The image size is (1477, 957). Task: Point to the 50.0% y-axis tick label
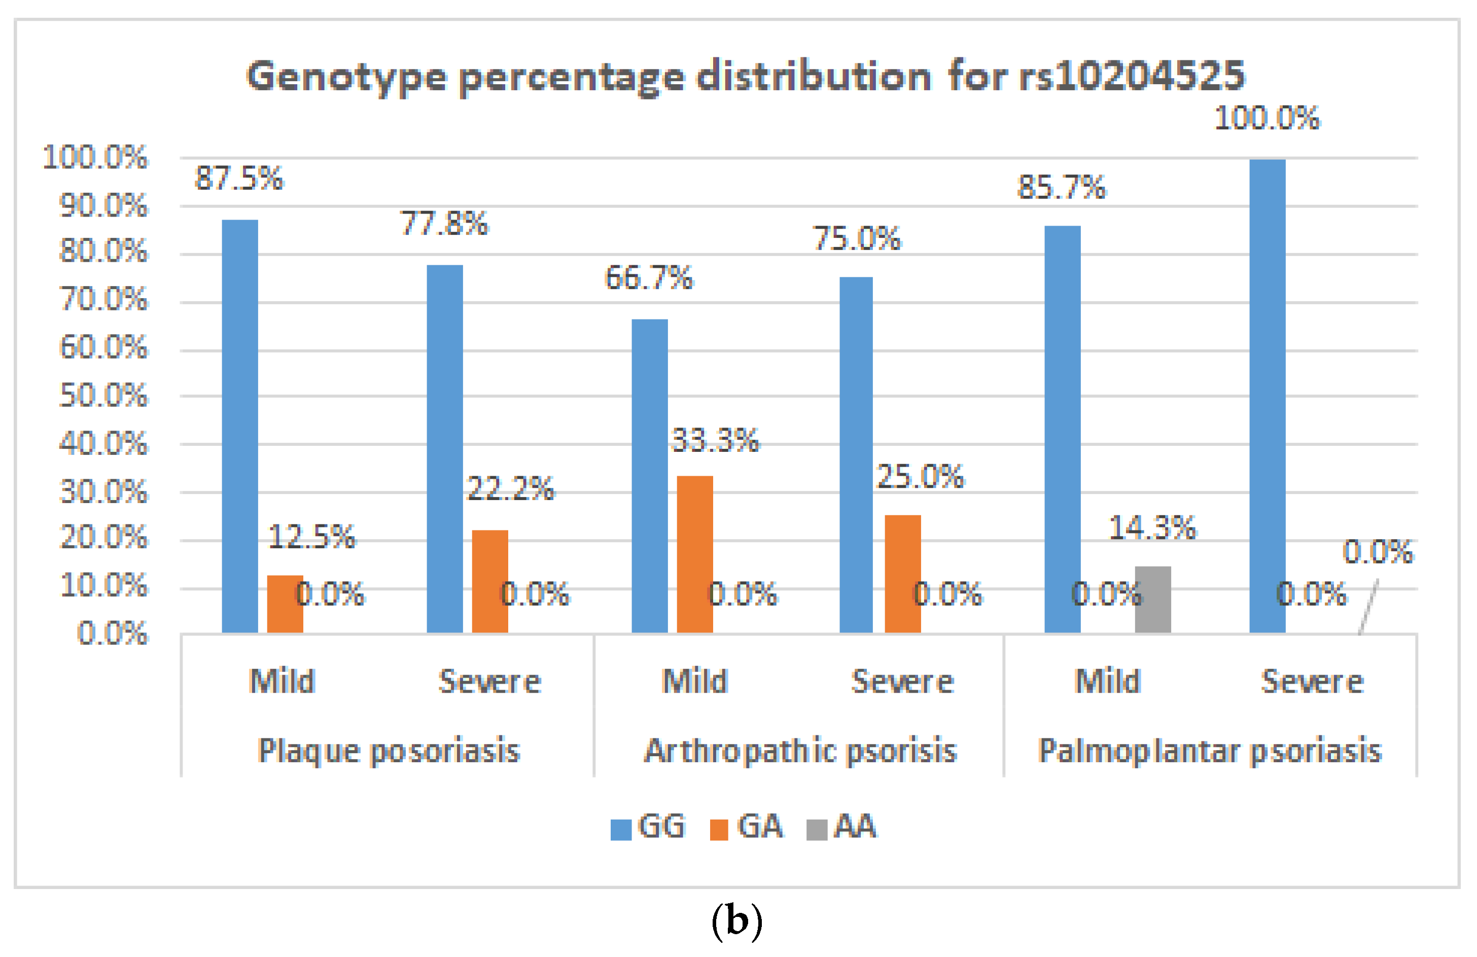click(x=103, y=396)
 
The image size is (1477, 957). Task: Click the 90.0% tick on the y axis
click(x=103, y=205)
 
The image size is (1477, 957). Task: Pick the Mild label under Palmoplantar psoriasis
click(x=1108, y=682)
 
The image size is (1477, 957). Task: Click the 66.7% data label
click(x=649, y=277)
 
